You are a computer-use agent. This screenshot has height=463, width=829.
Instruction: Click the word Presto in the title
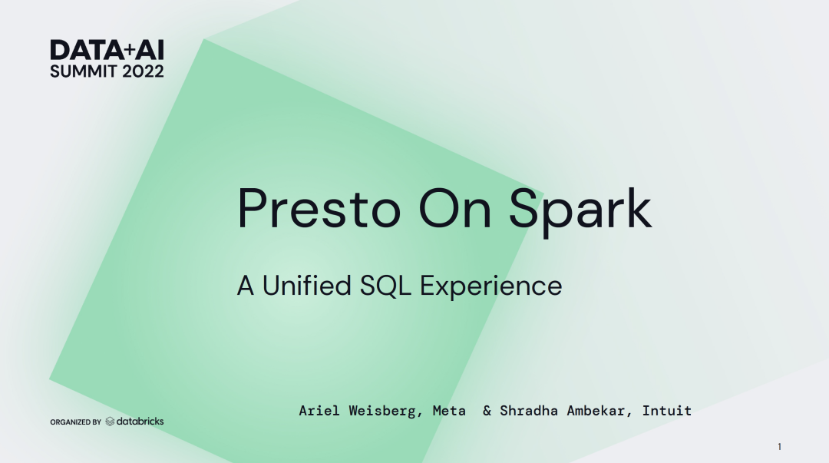319,209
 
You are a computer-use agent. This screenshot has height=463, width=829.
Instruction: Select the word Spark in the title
580,212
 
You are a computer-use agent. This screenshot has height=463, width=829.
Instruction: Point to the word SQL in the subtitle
385,286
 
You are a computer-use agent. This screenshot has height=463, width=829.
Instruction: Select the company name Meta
449,411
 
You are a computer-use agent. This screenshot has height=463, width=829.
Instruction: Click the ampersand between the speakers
487,411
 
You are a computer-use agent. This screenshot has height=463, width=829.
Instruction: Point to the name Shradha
529,411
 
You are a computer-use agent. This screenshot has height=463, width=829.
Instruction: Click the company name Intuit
667,411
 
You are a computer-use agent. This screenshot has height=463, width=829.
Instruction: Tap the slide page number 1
779,447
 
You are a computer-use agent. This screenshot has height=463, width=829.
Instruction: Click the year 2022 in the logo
143,71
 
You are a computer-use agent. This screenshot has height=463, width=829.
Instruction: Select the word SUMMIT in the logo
84,71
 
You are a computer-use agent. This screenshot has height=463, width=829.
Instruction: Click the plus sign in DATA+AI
130,51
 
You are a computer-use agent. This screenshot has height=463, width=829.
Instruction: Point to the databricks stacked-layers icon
110,422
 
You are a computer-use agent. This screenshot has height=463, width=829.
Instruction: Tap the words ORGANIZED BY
75,422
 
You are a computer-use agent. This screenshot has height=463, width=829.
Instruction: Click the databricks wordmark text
140,422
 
